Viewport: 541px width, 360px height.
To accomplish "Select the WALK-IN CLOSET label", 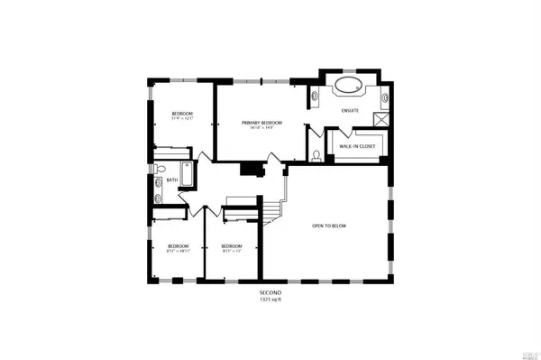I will pos(357,145).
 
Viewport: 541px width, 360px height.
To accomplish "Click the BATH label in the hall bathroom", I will pos(171,180).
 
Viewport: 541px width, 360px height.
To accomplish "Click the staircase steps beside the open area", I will pos(273,208).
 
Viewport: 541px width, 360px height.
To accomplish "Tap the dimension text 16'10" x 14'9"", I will pos(261,128).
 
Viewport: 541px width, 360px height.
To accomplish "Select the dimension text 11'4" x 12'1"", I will pos(183,118).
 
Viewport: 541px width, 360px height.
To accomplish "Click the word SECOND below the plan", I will pos(270,294).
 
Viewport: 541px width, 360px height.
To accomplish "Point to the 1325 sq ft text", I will pos(270,300).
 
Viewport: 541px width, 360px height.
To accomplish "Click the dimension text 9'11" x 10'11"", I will pos(178,251).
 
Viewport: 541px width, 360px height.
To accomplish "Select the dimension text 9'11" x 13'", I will pos(232,251).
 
